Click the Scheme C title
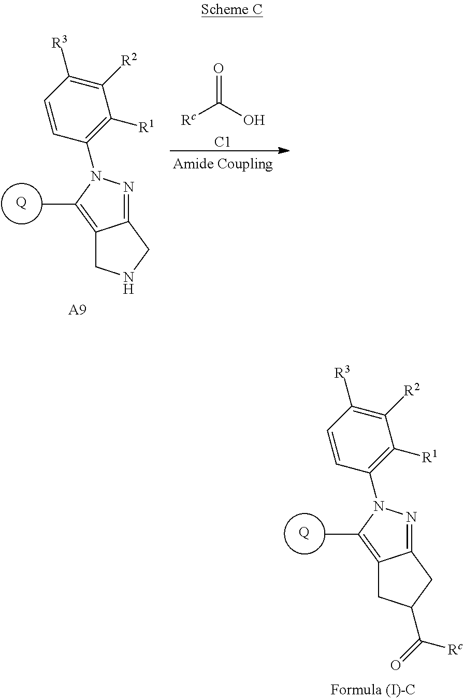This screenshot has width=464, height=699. pos(231,10)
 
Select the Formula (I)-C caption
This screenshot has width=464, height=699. pos(373,689)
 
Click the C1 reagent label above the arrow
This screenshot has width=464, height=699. pos(222,142)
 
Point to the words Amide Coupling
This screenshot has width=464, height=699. pos(223,164)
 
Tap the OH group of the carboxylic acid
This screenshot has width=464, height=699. pos(254,121)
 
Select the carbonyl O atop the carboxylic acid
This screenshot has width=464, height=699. pos(219,68)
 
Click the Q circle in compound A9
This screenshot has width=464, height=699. pos(21,203)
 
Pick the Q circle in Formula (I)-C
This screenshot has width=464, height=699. pos(304,533)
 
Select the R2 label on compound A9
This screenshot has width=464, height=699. pos(129,61)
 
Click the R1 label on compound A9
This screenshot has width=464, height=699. pos(146,126)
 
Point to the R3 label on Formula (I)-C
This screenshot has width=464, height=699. pos(342,373)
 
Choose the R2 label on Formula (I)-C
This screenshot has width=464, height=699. pos(412,390)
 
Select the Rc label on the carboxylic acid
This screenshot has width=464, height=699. pos(188,120)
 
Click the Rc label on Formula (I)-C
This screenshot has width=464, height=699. pos(454,649)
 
